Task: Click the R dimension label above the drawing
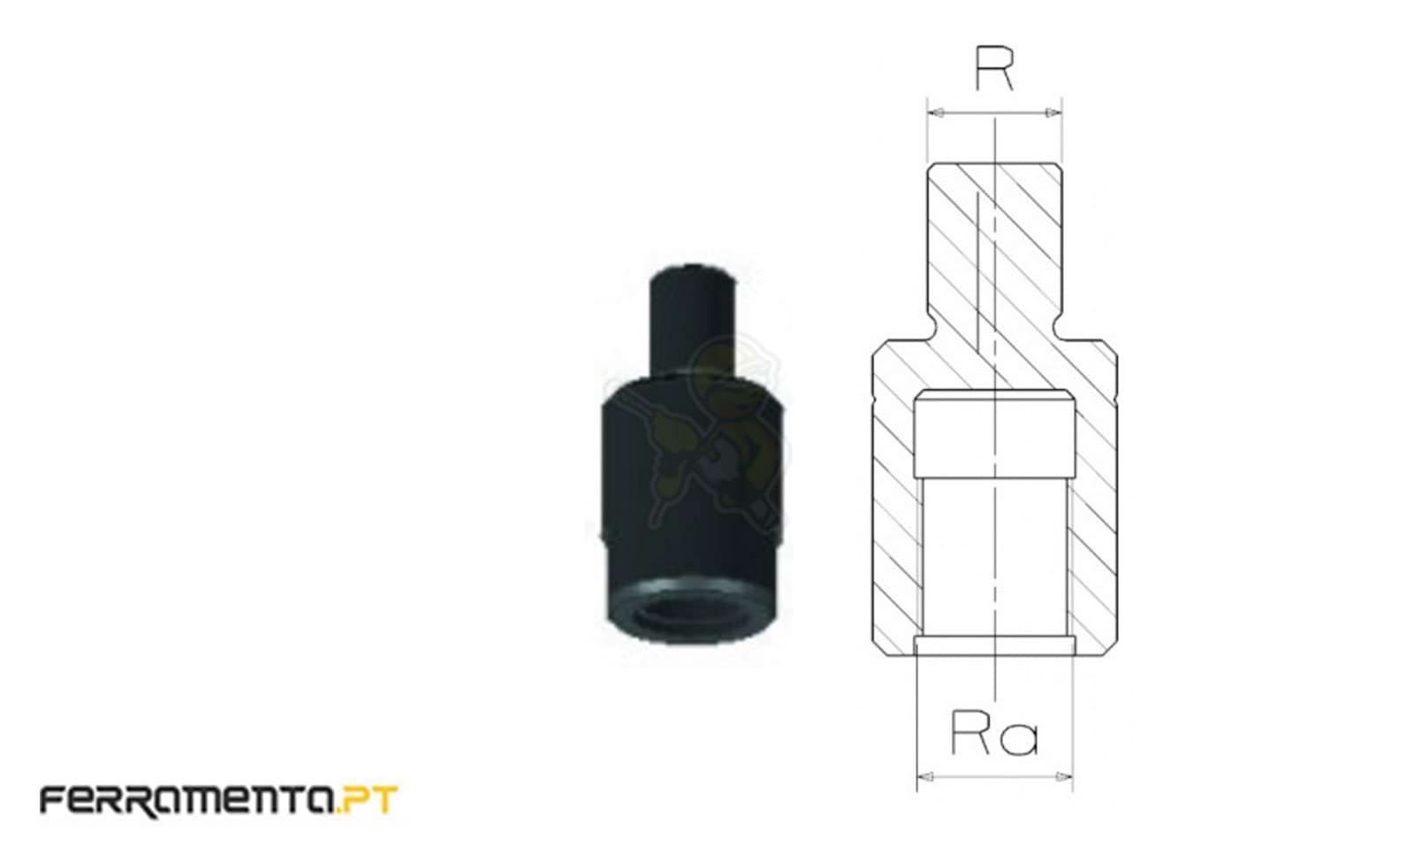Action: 994,68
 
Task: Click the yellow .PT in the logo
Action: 369,800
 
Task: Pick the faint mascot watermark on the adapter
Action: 716,424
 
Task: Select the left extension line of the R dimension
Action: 927,133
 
